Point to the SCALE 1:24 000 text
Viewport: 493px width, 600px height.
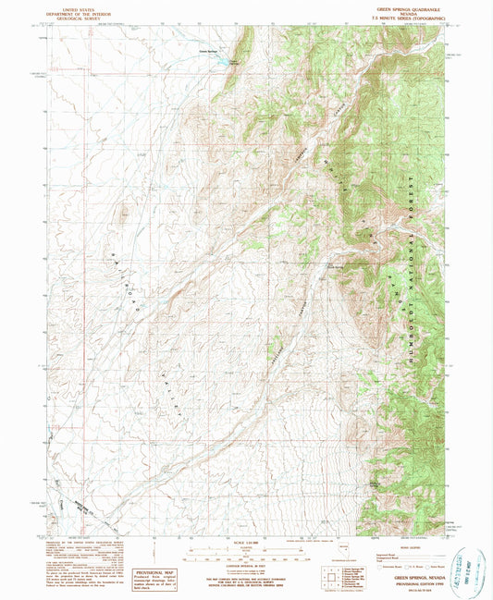coord(247,542)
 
